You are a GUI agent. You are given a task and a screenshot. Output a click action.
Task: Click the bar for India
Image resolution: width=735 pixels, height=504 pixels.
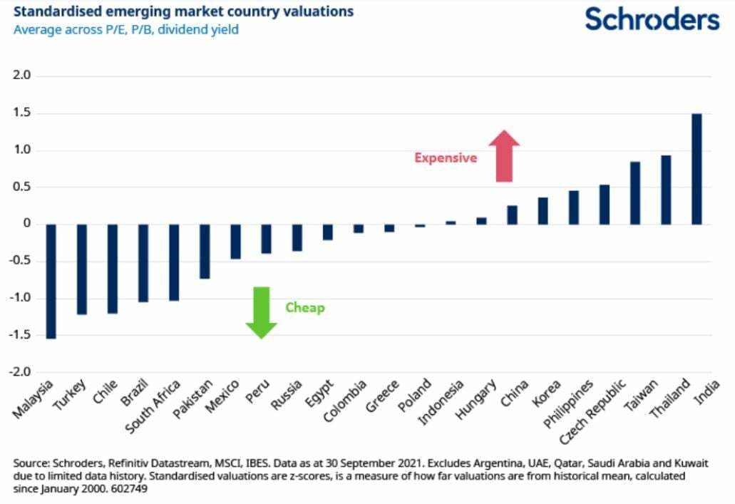(x=697, y=169)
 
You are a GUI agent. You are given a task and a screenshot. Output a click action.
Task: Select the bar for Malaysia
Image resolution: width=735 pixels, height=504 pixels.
(x=51, y=281)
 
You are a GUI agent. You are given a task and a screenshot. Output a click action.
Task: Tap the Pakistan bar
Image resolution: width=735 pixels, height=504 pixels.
(x=205, y=251)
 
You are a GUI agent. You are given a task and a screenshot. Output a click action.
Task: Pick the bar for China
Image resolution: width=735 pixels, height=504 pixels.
(x=512, y=215)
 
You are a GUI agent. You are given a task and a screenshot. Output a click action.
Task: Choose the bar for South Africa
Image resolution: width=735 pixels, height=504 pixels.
(x=174, y=262)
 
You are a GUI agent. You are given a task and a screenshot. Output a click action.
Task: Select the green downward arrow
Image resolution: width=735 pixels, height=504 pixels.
(x=261, y=312)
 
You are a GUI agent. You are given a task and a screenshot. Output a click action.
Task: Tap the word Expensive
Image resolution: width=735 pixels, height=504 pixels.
(x=446, y=158)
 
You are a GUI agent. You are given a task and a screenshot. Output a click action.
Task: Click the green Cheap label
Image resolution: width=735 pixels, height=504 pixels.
(x=305, y=308)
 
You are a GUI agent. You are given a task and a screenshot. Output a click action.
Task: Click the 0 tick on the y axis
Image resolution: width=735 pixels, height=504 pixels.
(x=29, y=225)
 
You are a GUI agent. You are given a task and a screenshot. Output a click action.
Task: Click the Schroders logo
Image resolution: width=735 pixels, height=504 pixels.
(x=652, y=19)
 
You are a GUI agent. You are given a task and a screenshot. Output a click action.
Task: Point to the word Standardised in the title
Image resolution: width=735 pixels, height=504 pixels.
(x=49, y=12)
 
